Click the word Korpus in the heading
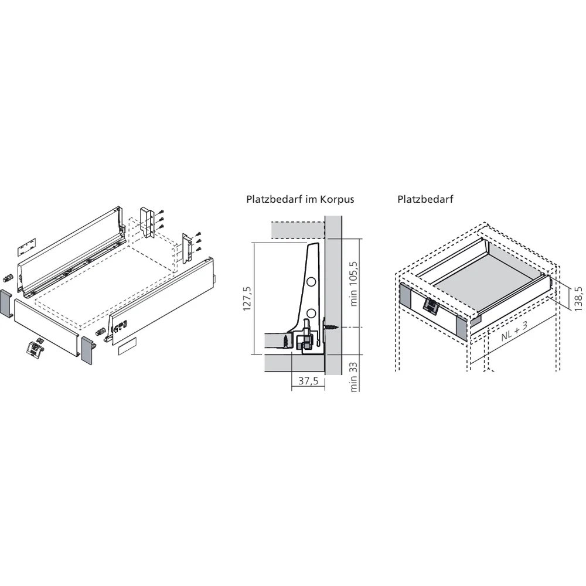click(336, 199)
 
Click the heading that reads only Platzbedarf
click(425, 199)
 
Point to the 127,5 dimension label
click(248, 298)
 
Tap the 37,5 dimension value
click(308, 381)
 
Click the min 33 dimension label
click(354, 375)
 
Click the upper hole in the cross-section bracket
click(311, 282)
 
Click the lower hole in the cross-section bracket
click(311, 312)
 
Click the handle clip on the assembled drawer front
click(431, 306)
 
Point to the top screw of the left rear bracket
click(161, 212)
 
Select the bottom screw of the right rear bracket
click(199, 249)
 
